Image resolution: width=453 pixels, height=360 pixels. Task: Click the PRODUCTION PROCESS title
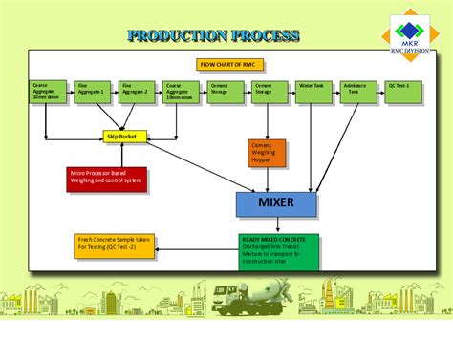click(x=213, y=36)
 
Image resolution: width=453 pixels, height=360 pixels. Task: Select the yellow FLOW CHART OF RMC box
click(x=228, y=64)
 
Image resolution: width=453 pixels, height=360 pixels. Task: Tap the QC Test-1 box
click(x=403, y=91)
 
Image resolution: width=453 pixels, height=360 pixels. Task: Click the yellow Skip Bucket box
click(x=124, y=137)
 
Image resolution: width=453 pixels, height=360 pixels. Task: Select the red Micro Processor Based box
click(x=107, y=179)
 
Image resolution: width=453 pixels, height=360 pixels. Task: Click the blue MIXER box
click(x=277, y=203)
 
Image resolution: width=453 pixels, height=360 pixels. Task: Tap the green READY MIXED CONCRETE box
click(x=278, y=251)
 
